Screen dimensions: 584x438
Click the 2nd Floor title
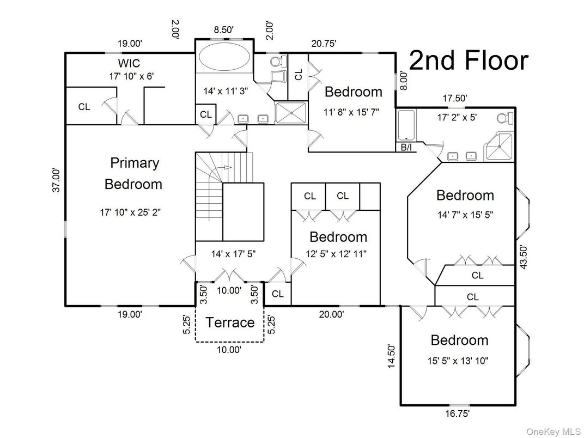click(x=469, y=60)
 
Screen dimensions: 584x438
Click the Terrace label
click(x=230, y=323)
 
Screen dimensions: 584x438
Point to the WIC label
click(x=129, y=62)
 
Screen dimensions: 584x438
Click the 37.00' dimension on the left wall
click(x=56, y=180)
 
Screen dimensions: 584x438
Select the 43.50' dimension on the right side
click(x=524, y=257)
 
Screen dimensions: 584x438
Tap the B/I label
click(x=406, y=148)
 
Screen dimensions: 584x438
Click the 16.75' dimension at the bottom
click(x=458, y=413)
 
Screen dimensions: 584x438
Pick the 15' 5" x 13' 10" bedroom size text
click(x=458, y=361)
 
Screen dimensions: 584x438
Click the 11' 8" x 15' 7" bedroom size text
click(x=351, y=112)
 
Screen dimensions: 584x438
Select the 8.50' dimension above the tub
click(x=223, y=30)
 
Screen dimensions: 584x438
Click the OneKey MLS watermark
click(x=553, y=431)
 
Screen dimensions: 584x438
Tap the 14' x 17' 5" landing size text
click(x=233, y=254)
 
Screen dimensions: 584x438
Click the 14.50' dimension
click(x=391, y=356)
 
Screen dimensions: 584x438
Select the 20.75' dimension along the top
click(x=324, y=44)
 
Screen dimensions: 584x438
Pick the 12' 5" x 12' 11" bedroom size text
click(x=336, y=254)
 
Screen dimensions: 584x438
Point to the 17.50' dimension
click(x=455, y=98)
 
